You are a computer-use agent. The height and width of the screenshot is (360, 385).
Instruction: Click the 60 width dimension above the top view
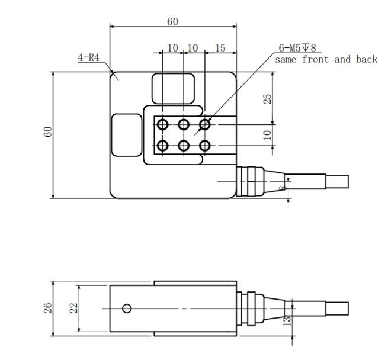click(172, 21)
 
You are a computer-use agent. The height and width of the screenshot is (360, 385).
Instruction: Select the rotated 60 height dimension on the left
click(48, 132)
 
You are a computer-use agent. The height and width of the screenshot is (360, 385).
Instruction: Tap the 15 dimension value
click(220, 48)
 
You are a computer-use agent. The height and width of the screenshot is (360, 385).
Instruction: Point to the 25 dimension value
click(267, 99)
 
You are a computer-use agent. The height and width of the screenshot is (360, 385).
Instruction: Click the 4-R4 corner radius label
click(88, 57)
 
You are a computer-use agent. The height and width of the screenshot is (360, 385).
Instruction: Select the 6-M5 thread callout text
click(297, 48)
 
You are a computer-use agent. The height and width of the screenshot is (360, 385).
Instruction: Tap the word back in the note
click(367, 59)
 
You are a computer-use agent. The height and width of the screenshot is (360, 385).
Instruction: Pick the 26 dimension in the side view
click(48, 308)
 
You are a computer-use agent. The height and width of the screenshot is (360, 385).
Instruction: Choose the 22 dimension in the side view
click(73, 308)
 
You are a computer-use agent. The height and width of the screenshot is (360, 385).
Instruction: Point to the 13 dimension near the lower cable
click(287, 321)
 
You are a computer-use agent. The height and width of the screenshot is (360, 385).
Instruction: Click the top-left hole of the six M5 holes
click(162, 125)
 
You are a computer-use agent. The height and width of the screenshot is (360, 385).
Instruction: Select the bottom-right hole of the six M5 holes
click(204, 146)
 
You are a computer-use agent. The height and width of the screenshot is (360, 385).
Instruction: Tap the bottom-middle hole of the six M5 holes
click(184, 146)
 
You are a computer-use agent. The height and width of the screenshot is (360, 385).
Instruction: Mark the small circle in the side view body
click(127, 308)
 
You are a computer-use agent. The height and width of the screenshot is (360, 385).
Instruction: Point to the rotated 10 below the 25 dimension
click(267, 135)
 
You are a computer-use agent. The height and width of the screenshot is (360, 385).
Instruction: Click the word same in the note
click(285, 60)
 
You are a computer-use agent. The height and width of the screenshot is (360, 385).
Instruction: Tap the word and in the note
click(342, 59)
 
